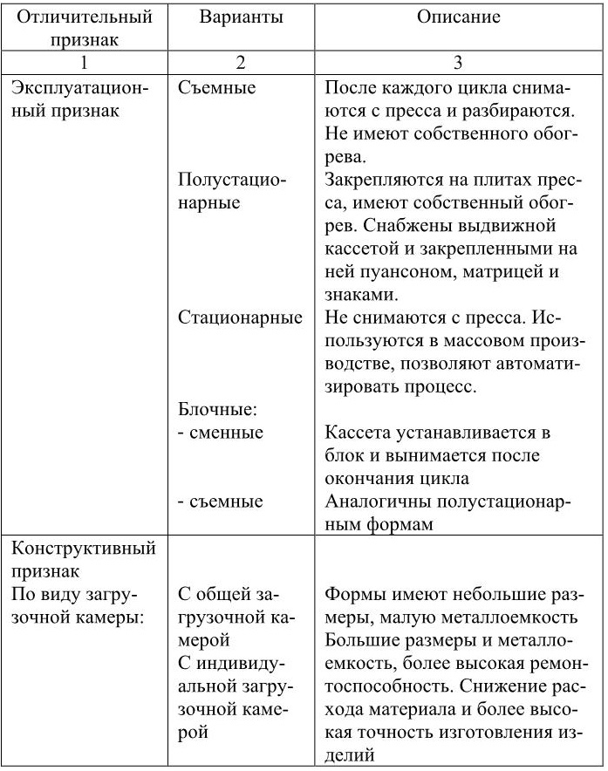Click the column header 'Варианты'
pos(240,17)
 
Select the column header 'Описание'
pos(458,17)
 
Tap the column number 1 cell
pos(85,63)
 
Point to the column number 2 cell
pos(240,63)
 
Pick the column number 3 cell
pos(458,63)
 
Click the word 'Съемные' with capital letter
pos(216,88)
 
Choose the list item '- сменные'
pos(220,432)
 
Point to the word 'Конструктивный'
pos(83,549)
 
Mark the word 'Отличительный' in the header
pos(85,17)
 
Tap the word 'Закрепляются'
pos(376,179)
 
